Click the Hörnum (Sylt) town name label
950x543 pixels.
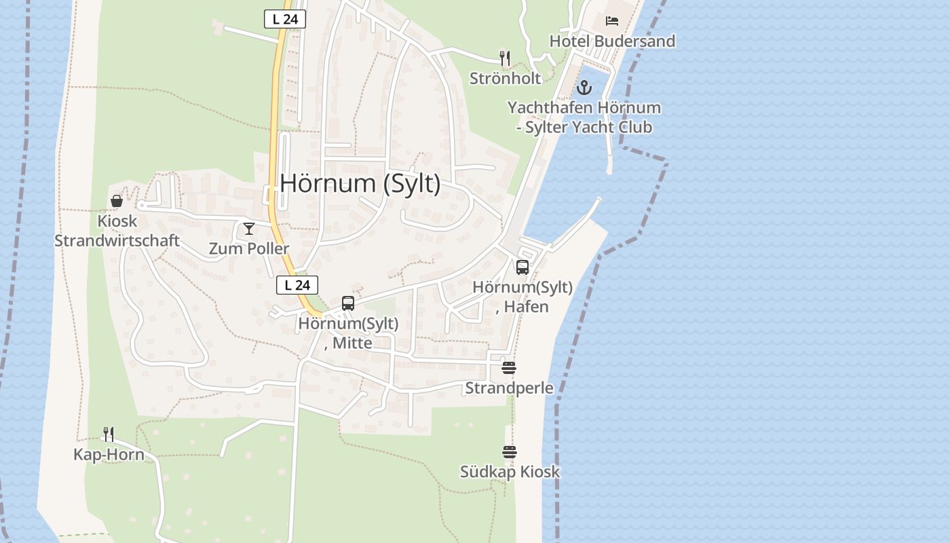[x=360, y=183]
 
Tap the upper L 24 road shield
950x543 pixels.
[x=285, y=19]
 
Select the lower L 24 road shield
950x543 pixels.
[x=297, y=286]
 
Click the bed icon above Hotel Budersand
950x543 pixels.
[x=612, y=21]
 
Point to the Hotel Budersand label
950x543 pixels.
[x=612, y=41]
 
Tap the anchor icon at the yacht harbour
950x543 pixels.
[x=584, y=88]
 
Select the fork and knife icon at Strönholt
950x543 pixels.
[x=504, y=58]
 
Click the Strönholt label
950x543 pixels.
[x=506, y=79]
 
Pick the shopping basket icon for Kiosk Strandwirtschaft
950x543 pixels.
[x=117, y=201]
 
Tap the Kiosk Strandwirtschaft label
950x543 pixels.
[x=117, y=231]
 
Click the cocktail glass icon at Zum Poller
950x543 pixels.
[x=249, y=229]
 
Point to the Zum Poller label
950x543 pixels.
[x=249, y=249]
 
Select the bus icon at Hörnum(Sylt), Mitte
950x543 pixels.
[x=348, y=303]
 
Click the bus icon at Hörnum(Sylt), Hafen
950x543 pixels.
[x=522, y=267]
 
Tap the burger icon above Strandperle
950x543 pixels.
[x=509, y=368]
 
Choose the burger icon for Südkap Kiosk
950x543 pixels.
[x=510, y=451]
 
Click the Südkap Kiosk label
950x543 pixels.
[x=510, y=472]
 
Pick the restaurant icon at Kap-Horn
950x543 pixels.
[x=109, y=434]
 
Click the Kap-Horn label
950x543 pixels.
[x=109, y=455]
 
